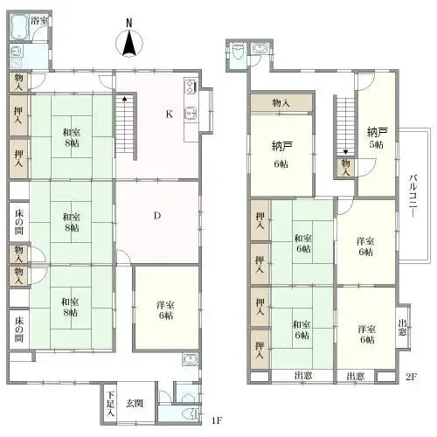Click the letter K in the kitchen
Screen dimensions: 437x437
170,114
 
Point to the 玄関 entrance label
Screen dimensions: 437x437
135,403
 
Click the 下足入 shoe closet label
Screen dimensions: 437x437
110,405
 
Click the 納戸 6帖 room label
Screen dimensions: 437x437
281,153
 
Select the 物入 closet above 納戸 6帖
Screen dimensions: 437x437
281,103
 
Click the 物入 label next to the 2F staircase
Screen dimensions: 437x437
347,166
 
